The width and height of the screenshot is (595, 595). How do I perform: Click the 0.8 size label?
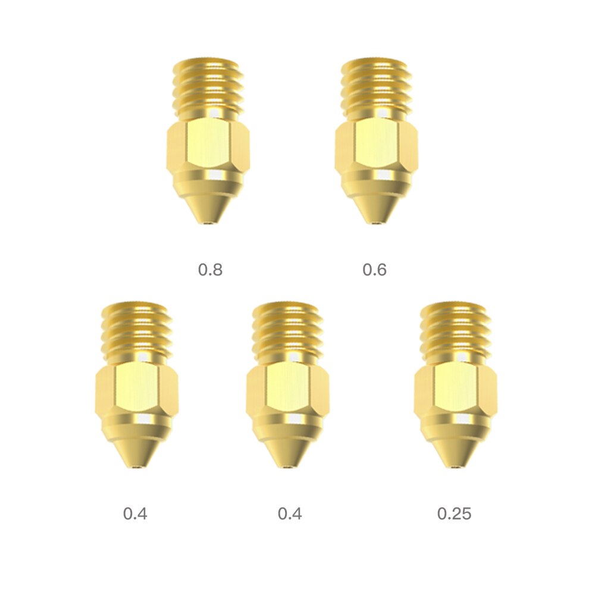point(210,270)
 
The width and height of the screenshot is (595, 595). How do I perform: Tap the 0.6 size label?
point(374,270)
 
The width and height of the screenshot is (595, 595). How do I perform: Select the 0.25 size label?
point(454,513)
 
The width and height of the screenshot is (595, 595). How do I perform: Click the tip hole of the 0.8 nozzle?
point(208,224)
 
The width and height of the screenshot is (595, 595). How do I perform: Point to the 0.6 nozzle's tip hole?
point(376,224)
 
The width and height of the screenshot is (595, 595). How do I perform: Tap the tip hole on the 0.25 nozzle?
point(456,468)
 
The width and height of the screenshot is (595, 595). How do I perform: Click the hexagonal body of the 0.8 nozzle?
point(208,146)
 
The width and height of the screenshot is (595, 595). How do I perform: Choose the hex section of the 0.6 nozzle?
point(376,146)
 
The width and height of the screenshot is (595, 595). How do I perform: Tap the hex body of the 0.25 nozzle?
point(456,390)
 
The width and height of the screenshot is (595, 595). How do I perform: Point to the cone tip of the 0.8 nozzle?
point(208,208)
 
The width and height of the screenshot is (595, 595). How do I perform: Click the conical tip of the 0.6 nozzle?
point(376,208)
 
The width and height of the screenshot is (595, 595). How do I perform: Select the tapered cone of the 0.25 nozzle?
point(456,452)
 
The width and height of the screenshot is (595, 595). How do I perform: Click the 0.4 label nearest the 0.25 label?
point(290,513)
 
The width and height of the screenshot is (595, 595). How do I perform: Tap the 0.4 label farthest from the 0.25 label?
point(135,513)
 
